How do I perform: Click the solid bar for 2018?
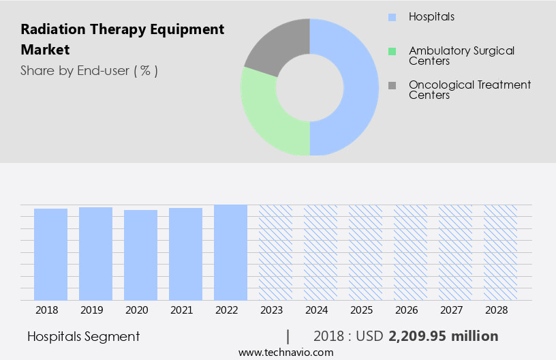pos(50,254)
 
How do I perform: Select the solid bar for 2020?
pos(140,255)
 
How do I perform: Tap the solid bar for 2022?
pos(230,252)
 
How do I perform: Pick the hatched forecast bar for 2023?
pos(275,252)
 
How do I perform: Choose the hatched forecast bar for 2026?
pos(410,252)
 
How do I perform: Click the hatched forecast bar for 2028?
pos(500,252)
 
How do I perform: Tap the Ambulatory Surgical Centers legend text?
pos(461,56)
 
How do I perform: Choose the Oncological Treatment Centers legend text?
pos(469,90)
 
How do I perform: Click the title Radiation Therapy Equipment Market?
pos(122,40)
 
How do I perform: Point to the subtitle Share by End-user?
pos(89,70)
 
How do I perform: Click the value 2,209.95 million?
pos(443,336)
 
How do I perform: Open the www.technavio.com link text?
pos(285,352)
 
